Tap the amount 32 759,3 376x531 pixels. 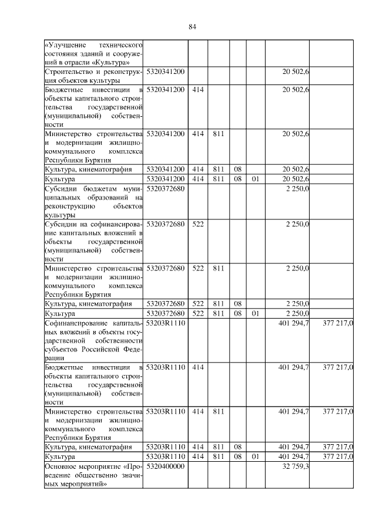[297, 466]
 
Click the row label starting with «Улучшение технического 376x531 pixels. [94, 53]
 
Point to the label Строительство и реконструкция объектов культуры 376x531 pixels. [94, 75]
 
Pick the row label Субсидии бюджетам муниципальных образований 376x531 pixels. [94, 202]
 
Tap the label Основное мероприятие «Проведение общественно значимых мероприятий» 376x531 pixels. [94, 475]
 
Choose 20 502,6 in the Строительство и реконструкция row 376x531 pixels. [297, 71]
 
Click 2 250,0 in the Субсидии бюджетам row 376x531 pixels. [298, 189]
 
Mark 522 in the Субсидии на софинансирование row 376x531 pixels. [198, 224]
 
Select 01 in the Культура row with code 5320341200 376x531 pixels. [255, 178]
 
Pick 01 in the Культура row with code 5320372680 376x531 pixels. [255, 313]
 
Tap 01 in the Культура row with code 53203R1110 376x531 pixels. [255, 456]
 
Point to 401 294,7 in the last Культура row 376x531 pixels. [294, 456]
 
